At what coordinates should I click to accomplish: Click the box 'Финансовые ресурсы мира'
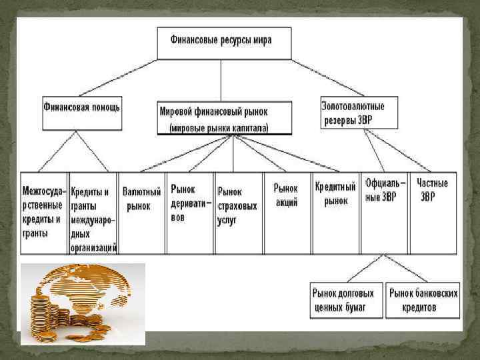tap(224, 41)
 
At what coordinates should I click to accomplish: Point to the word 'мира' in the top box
tap(262, 40)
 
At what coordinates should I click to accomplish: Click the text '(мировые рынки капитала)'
tap(219, 127)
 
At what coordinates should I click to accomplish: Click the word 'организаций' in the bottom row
tap(94, 248)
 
